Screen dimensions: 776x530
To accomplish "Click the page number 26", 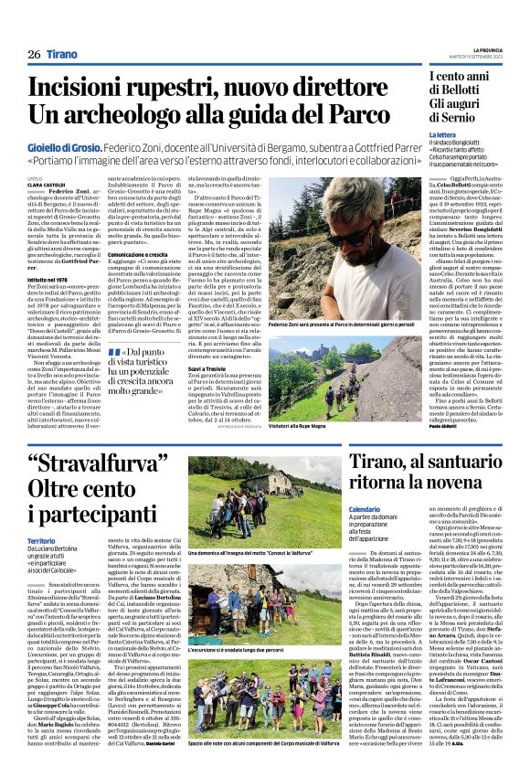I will (x=33, y=54).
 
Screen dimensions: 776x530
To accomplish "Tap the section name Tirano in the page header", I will (x=63, y=54).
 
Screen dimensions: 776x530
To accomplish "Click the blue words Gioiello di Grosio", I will (x=64, y=146).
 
